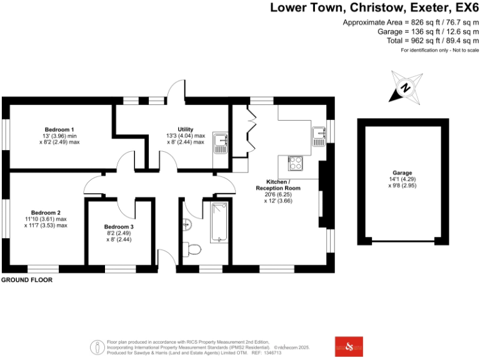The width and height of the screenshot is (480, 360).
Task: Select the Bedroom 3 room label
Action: pos(119,226)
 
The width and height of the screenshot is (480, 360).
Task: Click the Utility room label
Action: pos(185,129)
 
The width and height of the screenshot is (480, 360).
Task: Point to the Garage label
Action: pos(402,172)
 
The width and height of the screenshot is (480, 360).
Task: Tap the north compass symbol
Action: pos(404,87)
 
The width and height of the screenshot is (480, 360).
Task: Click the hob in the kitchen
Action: pos(296,164)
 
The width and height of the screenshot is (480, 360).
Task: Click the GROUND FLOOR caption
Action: pos(27,281)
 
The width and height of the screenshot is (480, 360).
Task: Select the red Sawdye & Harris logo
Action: pos(349,346)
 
